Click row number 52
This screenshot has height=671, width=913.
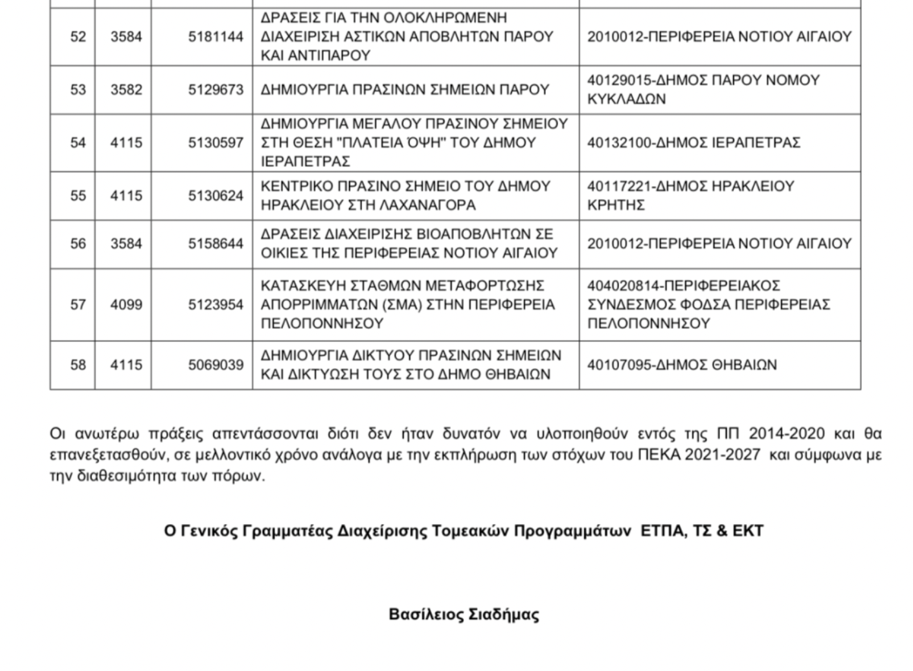pos(78,37)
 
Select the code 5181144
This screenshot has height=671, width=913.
pos(216,37)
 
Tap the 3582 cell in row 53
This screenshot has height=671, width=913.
pos(126,89)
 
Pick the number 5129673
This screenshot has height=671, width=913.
pos(216,89)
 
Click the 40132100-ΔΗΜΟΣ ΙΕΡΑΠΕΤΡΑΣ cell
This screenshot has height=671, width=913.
pos(693,142)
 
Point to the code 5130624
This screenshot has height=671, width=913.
pos(216,196)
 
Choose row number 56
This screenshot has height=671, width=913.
pos(78,244)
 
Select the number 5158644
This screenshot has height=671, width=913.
pos(216,244)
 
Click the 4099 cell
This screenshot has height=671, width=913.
pos(126,304)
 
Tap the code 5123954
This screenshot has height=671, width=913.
pos(216,304)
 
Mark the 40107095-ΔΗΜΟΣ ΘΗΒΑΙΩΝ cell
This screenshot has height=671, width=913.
pos(682,365)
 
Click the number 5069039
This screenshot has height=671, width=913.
pos(216,365)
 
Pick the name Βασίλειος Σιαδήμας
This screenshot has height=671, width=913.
pos(464,614)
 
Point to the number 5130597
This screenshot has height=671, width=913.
pos(216,142)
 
